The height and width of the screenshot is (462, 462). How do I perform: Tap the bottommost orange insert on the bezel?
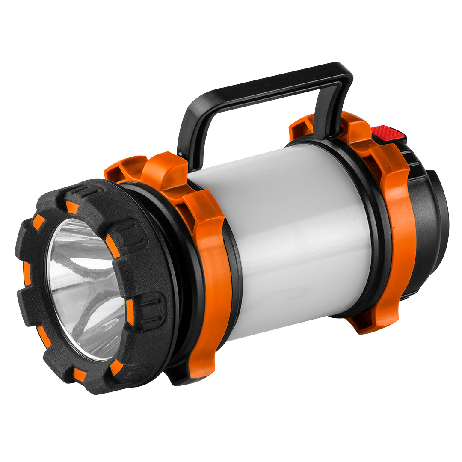click(79, 375)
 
